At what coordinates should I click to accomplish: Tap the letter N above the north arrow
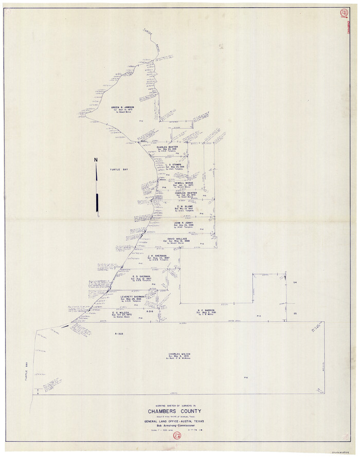point(96,159)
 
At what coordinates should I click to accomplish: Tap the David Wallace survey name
point(178,239)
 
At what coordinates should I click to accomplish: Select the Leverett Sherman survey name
point(133,297)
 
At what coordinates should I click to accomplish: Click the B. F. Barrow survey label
point(206,310)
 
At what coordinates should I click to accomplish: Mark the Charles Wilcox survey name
point(179,354)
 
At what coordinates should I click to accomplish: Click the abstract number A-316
point(150,312)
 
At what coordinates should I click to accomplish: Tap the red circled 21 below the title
point(177,436)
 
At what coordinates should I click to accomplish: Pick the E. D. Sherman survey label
point(140,276)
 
